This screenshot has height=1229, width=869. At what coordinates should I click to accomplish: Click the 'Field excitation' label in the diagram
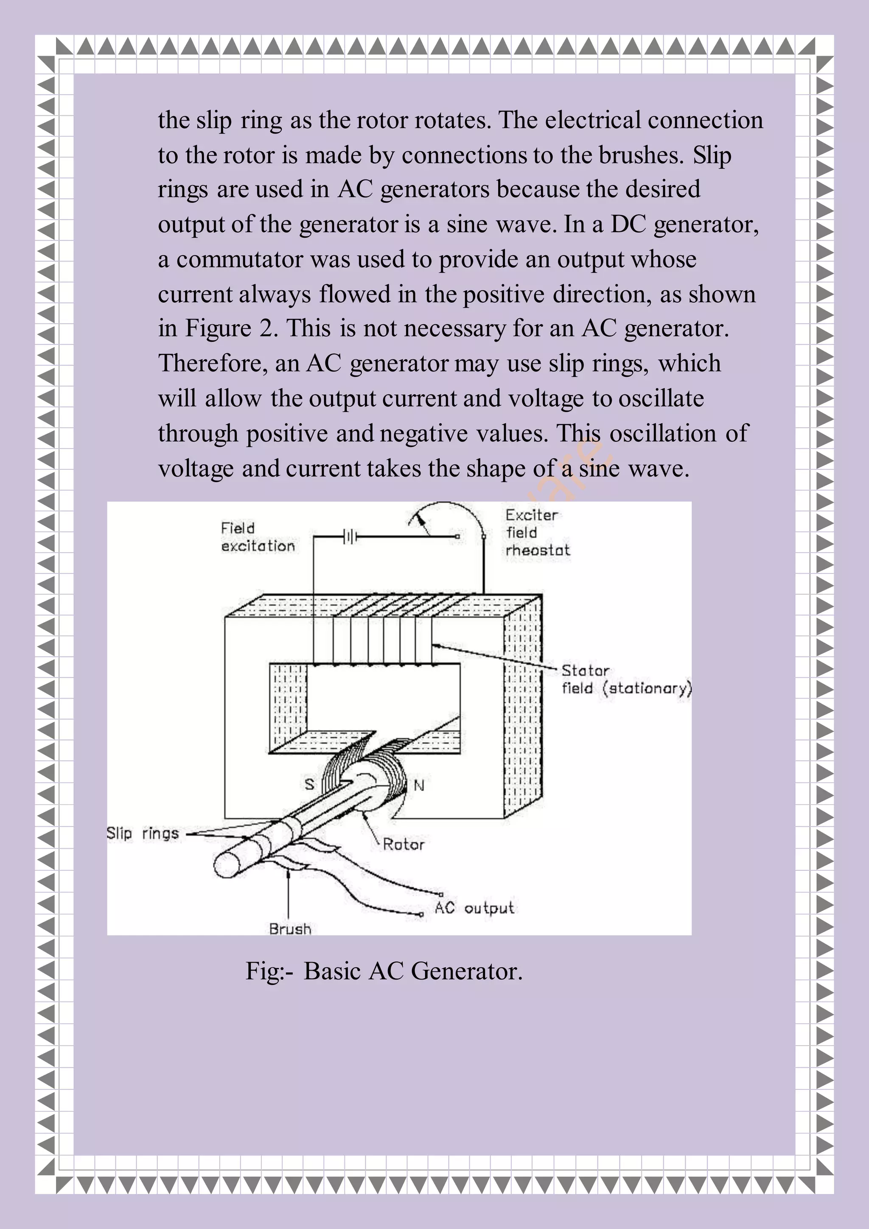pos(258,537)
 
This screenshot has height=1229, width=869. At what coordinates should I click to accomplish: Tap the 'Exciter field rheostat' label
pos(537,533)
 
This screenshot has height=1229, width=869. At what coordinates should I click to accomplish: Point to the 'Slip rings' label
pos(142,833)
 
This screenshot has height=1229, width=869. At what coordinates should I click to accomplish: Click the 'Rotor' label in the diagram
pos(404,845)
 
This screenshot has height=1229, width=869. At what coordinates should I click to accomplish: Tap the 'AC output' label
pos(474,908)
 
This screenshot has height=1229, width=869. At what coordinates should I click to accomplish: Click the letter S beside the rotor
pos(309,785)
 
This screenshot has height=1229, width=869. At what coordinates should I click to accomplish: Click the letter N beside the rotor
pos(419,786)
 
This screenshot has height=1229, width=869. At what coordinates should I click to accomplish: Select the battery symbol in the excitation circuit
pos(349,536)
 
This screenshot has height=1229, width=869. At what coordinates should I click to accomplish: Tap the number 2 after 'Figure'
pos(266,328)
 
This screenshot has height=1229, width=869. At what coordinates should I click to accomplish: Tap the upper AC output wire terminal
pos(441,894)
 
